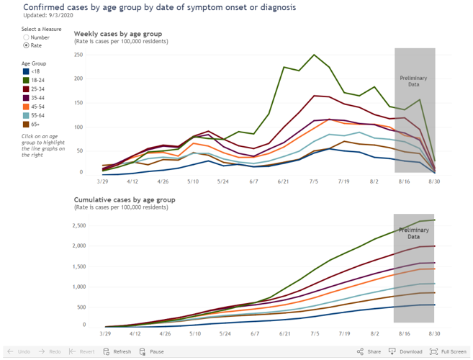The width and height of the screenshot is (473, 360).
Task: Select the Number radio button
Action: pyautogui.click(x=27, y=37)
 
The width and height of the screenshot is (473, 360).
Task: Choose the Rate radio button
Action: pyautogui.click(x=27, y=45)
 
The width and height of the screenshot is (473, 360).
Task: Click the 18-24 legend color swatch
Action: pyautogui.click(x=26, y=81)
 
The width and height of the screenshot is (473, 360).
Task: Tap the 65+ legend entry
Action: pyautogui.click(x=35, y=125)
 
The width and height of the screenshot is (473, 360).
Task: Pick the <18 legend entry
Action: pyautogui.click(x=35, y=72)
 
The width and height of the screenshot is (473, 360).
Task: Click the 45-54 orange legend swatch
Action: pyautogui.click(x=26, y=107)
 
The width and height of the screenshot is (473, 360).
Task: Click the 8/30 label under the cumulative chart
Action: pyautogui.click(x=434, y=334)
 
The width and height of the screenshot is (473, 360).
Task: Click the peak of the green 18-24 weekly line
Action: pyautogui.click(x=314, y=55)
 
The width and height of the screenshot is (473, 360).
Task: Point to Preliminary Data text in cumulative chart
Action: pyautogui.click(x=413, y=233)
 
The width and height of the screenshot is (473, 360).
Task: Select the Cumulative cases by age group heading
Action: pyautogui.click(x=125, y=199)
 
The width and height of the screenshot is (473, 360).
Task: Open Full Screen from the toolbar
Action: pyautogui.click(x=449, y=351)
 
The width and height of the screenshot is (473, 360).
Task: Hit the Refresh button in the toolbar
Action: pyautogui.click(x=117, y=351)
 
